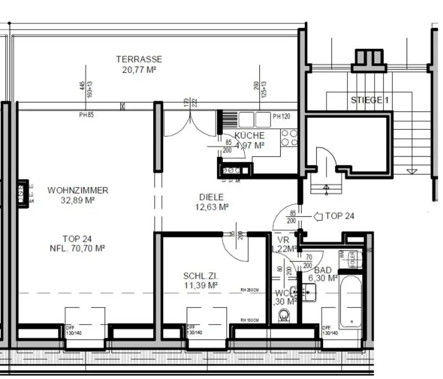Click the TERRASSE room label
tap(139, 59)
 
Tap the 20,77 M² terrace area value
tap(139, 69)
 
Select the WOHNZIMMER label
tap(78, 190)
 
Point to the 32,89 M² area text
tap(78, 200)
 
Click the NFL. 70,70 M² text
tap(77, 248)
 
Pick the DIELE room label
tap(212, 197)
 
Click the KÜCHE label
tap(249, 135)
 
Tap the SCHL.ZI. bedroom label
tap(200, 276)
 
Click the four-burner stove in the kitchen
tap(289, 138)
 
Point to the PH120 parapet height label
tap(281, 116)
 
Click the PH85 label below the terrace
tap(86, 115)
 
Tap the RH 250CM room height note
tap(250, 290)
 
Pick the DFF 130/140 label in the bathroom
tap(330, 331)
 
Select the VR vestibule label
tap(283, 240)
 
